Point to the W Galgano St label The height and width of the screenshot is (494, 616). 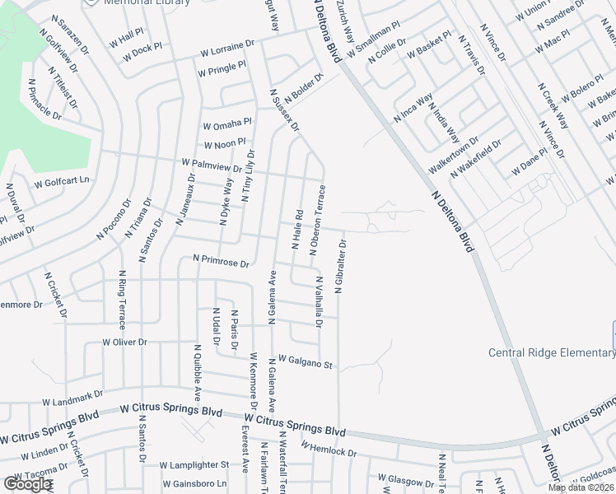[304, 361]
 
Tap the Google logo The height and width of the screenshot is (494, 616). [27, 484]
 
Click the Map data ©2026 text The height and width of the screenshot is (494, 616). [581, 487]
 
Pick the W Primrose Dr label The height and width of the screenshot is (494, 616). [220, 262]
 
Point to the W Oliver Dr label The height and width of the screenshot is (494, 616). [124, 341]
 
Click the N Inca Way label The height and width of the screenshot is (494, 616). [413, 110]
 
